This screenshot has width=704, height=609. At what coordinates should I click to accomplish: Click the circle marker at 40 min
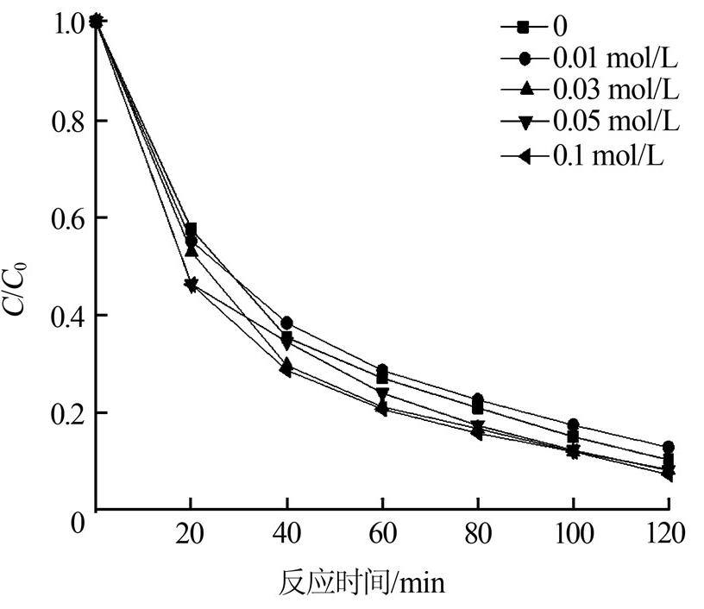tap(286, 323)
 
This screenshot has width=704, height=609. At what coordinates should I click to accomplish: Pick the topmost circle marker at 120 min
tap(668, 447)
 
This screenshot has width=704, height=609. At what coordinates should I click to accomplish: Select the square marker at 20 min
tap(191, 229)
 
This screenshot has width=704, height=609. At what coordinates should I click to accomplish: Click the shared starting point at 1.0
tap(97, 22)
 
